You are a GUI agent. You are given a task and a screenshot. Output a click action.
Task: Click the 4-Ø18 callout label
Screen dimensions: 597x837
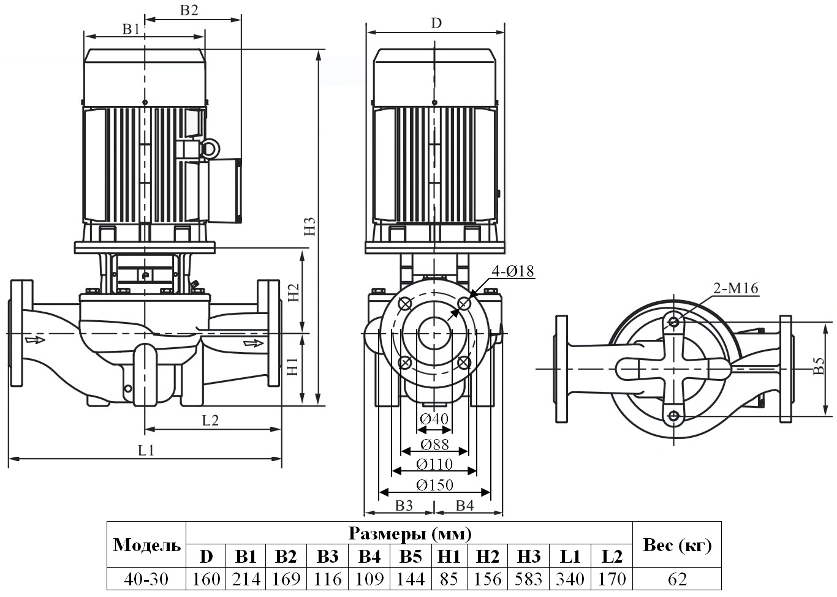(512, 270)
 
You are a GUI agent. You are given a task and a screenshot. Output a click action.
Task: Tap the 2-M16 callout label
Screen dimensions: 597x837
(735, 288)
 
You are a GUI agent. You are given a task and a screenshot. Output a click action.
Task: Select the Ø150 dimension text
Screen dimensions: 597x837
(434, 485)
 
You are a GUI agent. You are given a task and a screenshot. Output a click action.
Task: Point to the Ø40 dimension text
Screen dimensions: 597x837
(434, 419)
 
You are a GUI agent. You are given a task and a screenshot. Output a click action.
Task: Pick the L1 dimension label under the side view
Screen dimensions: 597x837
(146, 450)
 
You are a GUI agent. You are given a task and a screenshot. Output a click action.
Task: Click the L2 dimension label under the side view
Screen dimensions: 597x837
(210, 420)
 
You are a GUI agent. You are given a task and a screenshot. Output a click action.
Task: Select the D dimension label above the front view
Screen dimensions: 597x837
(436, 23)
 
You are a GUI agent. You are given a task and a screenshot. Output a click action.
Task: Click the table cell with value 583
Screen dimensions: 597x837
(529, 579)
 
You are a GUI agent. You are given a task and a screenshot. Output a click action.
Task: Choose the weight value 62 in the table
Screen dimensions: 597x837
(676, 579)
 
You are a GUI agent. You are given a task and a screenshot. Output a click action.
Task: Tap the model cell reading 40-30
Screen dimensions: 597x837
(146, 579)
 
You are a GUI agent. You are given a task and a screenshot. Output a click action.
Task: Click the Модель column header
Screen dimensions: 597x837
(147, 545)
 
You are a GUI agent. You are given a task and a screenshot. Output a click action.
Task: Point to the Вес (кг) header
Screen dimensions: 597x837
(676, 545)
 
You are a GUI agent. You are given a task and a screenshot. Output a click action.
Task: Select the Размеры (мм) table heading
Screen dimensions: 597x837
(409, 533)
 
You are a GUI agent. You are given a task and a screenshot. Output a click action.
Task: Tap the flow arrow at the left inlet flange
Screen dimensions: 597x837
(35, 339)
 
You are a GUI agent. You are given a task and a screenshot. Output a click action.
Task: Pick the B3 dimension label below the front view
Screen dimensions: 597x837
(404, 505)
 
